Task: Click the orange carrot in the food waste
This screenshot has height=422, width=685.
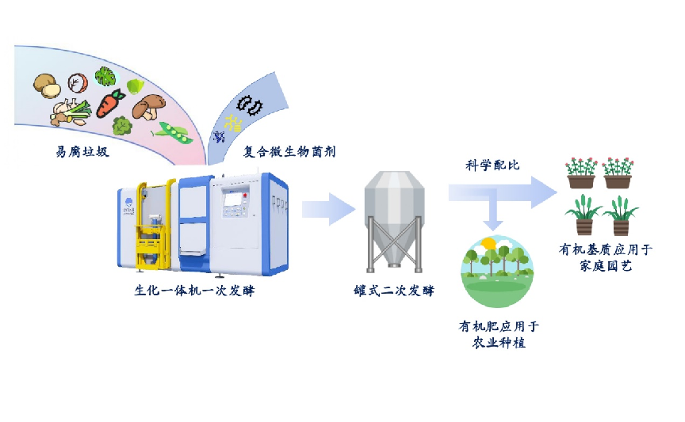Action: pos(111,103)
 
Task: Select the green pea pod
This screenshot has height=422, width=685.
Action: pos(174,132)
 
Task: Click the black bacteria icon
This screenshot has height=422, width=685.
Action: pos(252,105)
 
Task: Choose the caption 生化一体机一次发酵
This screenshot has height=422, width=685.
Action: pos(194,291)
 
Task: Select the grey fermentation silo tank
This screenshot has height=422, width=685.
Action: pos(393,222)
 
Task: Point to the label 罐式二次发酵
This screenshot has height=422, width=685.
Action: pos(394,291)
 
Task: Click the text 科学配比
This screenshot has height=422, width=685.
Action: pos(492,165)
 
